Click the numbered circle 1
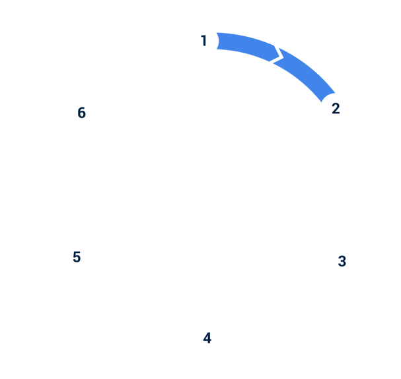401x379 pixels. [x=204, y=41]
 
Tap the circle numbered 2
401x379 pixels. [x=336, y=109]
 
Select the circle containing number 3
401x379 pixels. [x=342, y=260]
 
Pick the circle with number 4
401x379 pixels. [x=207, y=338]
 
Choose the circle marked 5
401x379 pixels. [x=77, y=256]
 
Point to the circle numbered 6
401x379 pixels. [x=81, y=113]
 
